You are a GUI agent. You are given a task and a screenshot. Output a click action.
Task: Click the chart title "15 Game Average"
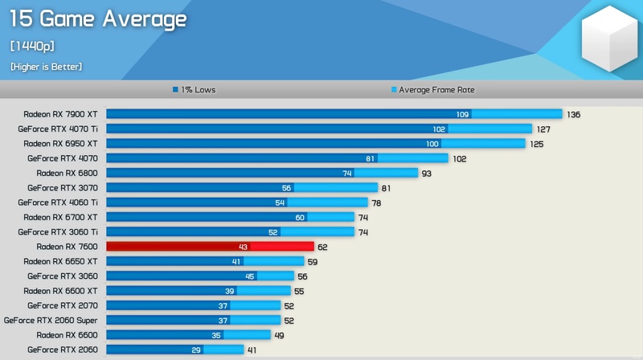point(98,19)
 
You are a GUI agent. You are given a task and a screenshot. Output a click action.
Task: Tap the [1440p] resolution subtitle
point(32,46)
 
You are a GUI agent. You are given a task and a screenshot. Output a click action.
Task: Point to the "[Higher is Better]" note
point(46,67)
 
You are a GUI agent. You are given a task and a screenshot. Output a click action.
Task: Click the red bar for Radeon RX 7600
point(210,247)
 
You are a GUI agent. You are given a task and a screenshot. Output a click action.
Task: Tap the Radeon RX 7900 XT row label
point(60,114)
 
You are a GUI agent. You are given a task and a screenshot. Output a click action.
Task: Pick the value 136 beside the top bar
point(573,115)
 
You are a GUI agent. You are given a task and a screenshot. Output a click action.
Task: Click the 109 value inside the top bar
point(462,115)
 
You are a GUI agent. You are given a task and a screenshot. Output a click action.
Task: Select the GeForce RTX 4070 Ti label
point(57,129)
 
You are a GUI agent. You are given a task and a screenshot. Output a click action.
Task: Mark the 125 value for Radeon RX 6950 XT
point(536,144)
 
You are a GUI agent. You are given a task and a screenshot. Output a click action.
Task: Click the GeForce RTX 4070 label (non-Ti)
point(62,158)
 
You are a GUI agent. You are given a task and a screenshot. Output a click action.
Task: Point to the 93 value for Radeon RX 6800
point(426,174)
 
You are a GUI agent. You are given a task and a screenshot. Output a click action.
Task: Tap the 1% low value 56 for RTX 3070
point(286,188)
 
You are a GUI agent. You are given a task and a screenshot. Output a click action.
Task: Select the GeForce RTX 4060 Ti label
point(57,202)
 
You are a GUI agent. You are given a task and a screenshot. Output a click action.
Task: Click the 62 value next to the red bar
point(322,247)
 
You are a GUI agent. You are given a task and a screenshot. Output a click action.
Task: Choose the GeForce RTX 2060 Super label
point(51,320)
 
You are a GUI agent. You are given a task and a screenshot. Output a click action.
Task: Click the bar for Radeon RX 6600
point(189,334)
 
